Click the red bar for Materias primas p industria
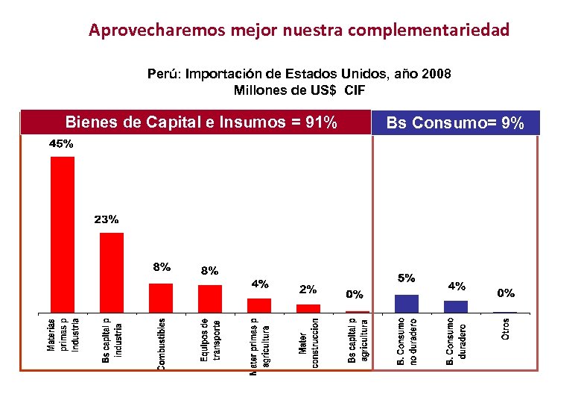63,234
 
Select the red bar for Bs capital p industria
112,272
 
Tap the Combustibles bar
161,298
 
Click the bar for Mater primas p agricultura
259,305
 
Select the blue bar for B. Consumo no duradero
407,304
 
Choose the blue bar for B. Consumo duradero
456,306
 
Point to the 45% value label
61,145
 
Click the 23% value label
106,219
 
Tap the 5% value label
407,278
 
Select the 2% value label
308,289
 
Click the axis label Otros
506,330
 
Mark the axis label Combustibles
162,343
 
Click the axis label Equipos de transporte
210,340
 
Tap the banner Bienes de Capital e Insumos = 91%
201,122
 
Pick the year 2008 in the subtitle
437,75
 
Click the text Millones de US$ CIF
299,90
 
